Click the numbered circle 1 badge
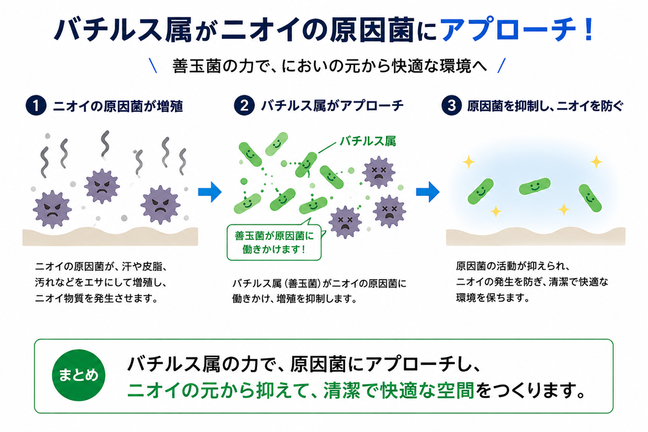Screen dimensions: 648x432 coord(36,106)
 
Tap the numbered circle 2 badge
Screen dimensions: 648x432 coord(244,106)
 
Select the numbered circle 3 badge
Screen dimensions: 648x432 coord(451,106)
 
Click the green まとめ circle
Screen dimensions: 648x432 coord(78,375)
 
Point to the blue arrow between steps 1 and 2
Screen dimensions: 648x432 coord(210,192)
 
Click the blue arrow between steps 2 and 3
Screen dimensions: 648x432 coord(428,192)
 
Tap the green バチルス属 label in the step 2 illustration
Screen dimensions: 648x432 coord(368,141)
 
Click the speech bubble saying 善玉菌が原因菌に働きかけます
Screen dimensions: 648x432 coord(274,242)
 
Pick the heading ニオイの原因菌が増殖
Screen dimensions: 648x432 coord(118,106)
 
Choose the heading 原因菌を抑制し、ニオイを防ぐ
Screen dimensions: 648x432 coord(545,106)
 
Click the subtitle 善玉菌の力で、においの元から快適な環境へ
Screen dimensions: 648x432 coord(329,66)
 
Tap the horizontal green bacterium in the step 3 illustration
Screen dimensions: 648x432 coord(535,186)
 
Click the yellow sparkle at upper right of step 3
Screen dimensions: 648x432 coord(596,162)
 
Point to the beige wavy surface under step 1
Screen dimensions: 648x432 coord(110,237)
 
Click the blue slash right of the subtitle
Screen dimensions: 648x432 coord(502,65)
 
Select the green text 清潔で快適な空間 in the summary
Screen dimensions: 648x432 coord(399,390)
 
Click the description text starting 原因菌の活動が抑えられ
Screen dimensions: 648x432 coord(532,282)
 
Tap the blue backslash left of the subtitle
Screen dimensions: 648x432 coord(153,65)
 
